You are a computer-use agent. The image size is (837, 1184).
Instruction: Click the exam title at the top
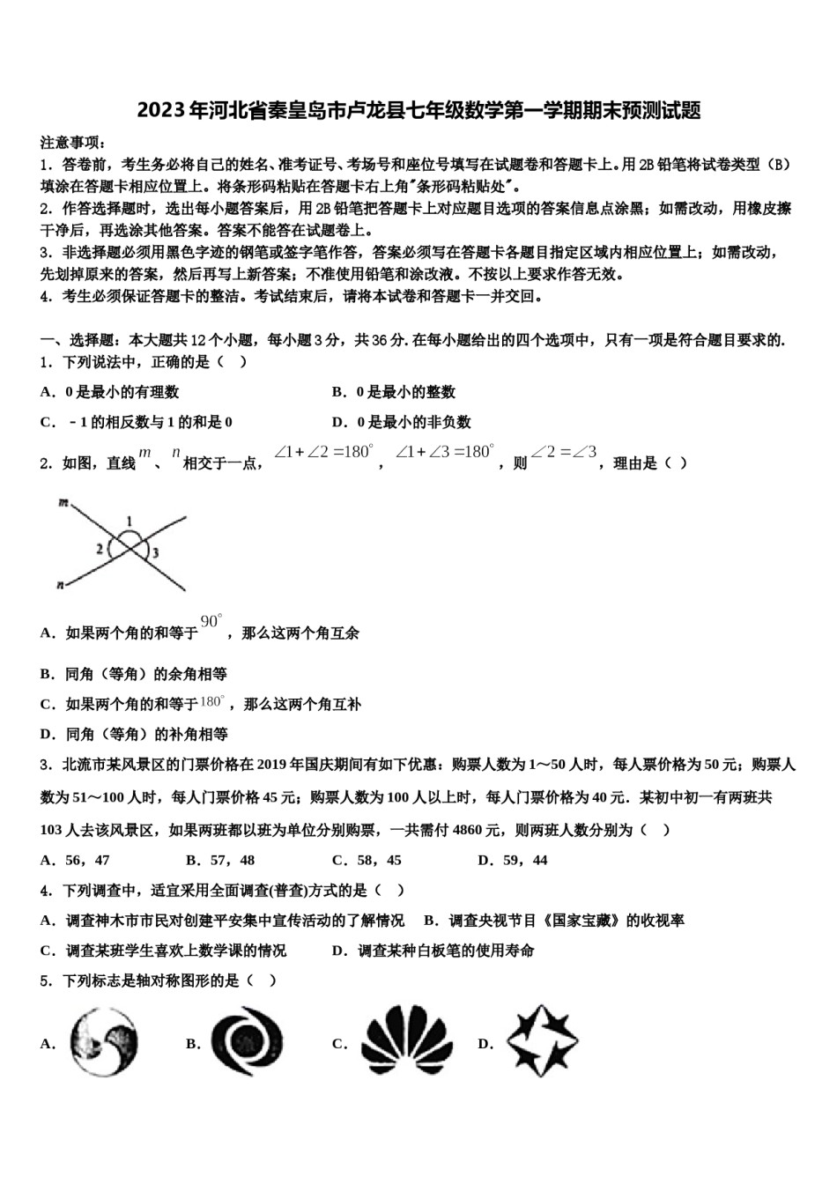[418, 110]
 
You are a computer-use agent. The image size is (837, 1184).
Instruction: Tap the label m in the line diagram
[63, 503]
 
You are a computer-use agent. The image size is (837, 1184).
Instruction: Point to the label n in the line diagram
[61, 583]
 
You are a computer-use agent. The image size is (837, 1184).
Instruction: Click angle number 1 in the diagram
[130, 520]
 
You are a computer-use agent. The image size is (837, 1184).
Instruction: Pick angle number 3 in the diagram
[155, 553]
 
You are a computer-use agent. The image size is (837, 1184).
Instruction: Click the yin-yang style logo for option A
[105, 1042]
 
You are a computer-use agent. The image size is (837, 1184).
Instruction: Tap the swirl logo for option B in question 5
[247, 1043]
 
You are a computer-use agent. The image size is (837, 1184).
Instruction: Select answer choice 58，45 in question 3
[379, 860]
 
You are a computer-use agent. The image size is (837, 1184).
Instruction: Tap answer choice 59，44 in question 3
[525, 860]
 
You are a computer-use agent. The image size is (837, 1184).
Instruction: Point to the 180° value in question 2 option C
[212, 702]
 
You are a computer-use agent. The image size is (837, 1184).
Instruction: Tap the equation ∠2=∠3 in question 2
[564, 453]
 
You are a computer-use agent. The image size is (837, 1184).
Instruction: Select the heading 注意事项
[72, 143]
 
